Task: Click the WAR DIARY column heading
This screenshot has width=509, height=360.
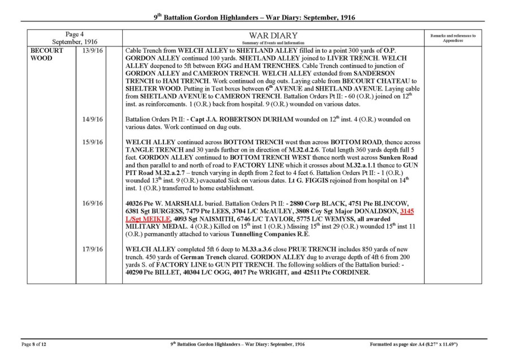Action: [273, 36]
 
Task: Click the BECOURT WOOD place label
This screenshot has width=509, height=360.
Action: [42, 54]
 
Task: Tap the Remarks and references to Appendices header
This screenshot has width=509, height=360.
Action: [452, 38]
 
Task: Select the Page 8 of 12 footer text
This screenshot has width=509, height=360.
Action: [37, 344]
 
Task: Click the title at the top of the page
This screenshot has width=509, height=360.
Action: [255, 18]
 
